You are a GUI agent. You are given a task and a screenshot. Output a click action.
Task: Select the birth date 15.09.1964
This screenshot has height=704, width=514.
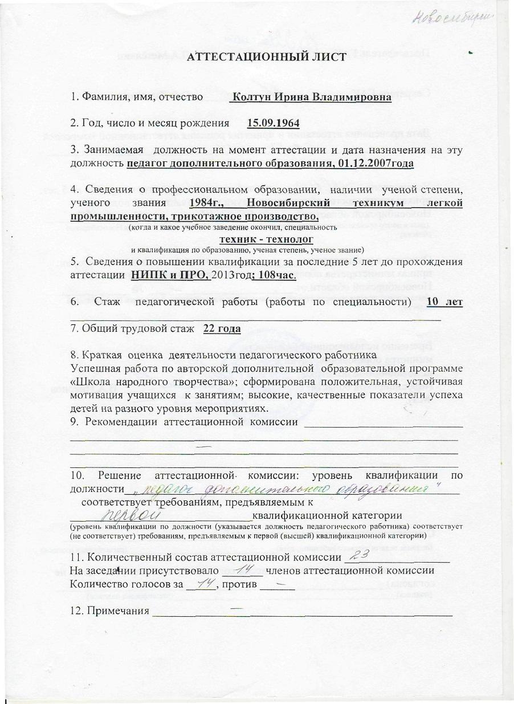coord(274,123)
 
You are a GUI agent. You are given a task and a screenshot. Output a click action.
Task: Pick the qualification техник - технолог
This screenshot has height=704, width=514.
coord(266,240)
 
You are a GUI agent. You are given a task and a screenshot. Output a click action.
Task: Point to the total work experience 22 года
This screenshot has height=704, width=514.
coord(222,329)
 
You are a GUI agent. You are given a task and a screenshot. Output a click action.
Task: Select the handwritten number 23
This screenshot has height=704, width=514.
coord(361,555)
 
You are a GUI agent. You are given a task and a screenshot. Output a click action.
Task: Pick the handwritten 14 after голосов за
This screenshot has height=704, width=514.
coord(202,583)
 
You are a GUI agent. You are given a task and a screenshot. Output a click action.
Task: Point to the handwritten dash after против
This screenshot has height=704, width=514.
coord(279,583)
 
